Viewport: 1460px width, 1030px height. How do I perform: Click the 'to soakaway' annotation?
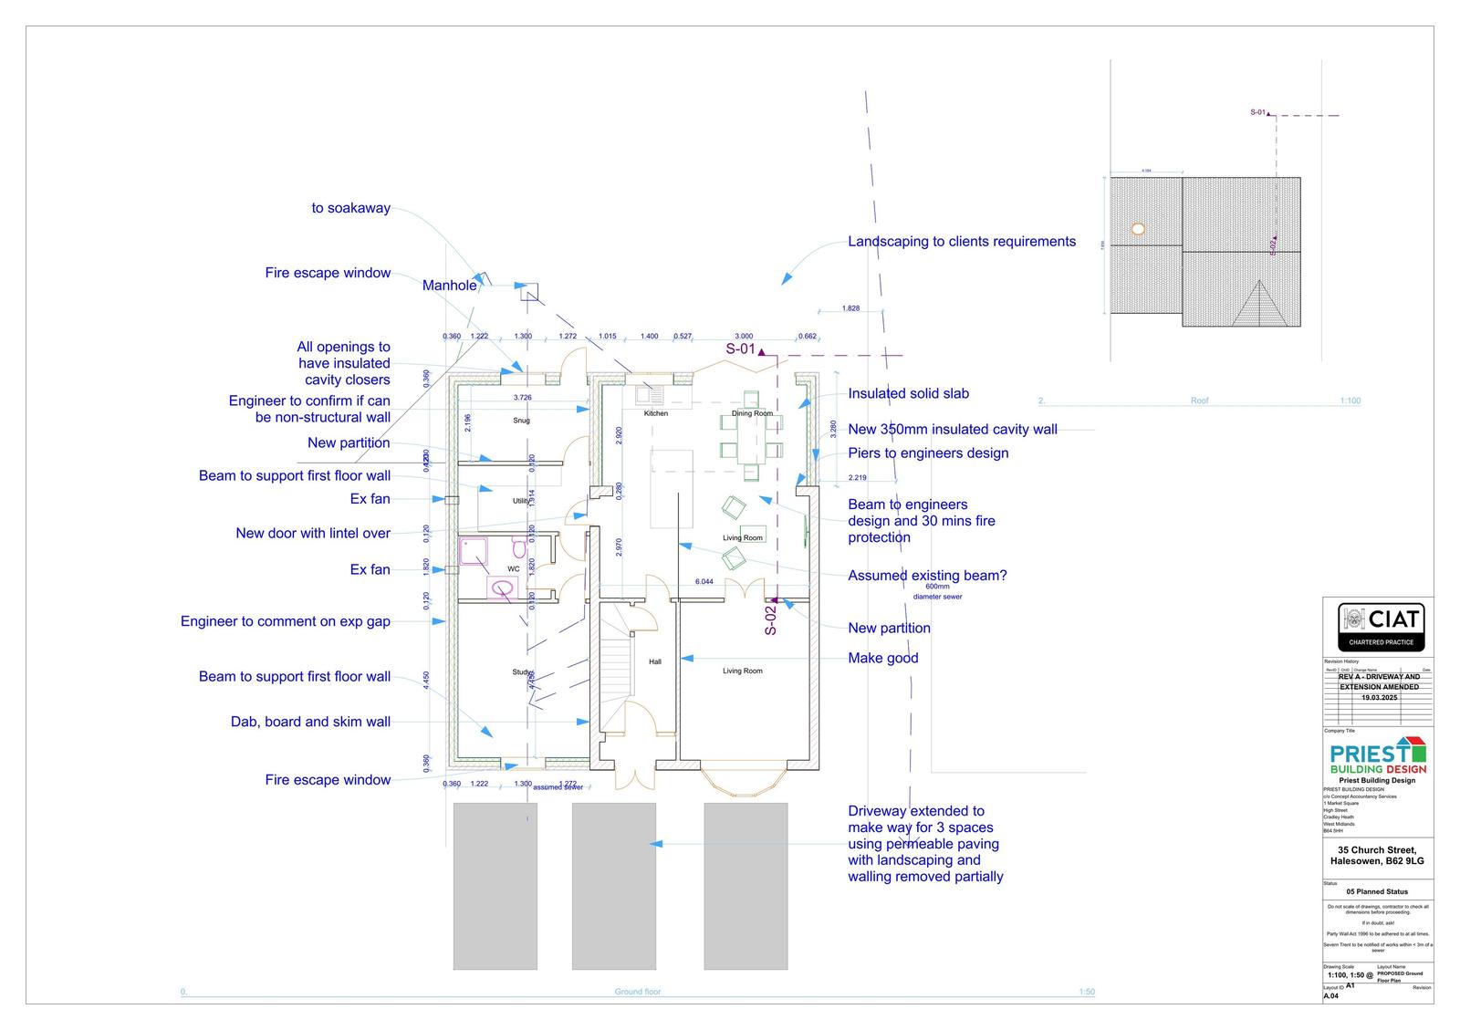(x=350, y=208)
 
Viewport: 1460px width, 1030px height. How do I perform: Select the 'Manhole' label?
(x=449, y=286)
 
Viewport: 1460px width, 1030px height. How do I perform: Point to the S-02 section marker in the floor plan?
(x=771, y=619)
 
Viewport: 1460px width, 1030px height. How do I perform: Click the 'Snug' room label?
(x=521, y=421)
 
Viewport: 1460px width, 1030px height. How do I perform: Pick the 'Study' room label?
(x=521, y=672)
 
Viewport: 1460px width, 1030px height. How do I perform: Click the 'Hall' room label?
(x=654, y=661)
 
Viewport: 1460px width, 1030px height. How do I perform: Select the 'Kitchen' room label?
(x=655, y=413)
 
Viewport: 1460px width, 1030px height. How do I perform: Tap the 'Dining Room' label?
(x=752, y=413)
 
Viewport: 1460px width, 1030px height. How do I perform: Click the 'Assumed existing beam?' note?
(x=927, y=576)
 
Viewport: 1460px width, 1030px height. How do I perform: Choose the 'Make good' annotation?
(x=882, y=658)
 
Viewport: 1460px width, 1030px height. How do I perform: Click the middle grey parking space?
(x=613, y=886)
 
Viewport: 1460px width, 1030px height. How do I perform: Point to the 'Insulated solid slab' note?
(x=908, y=394)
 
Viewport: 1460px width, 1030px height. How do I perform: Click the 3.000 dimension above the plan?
(x=744, y=337)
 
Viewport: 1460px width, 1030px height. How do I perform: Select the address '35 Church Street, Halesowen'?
(x=1377, y=856)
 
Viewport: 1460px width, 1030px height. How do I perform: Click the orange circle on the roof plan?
(x=1137, y=229)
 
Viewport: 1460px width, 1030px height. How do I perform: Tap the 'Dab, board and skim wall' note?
(x=310, y=722)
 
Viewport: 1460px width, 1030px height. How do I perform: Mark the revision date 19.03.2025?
(x=1379, y=697)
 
